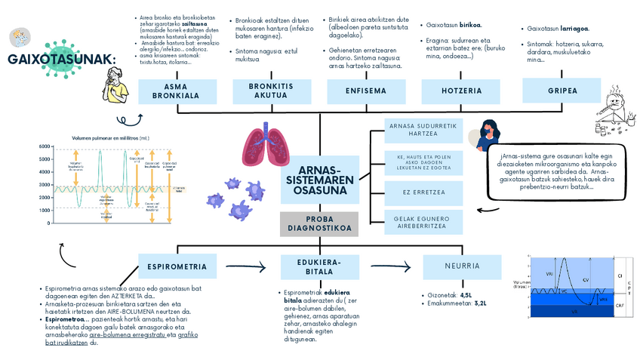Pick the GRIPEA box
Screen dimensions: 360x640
click(x=562, y=91)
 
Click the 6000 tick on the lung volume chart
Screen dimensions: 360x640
click(x=43, y=146)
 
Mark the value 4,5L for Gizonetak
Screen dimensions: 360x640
click(x=466, y=295)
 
